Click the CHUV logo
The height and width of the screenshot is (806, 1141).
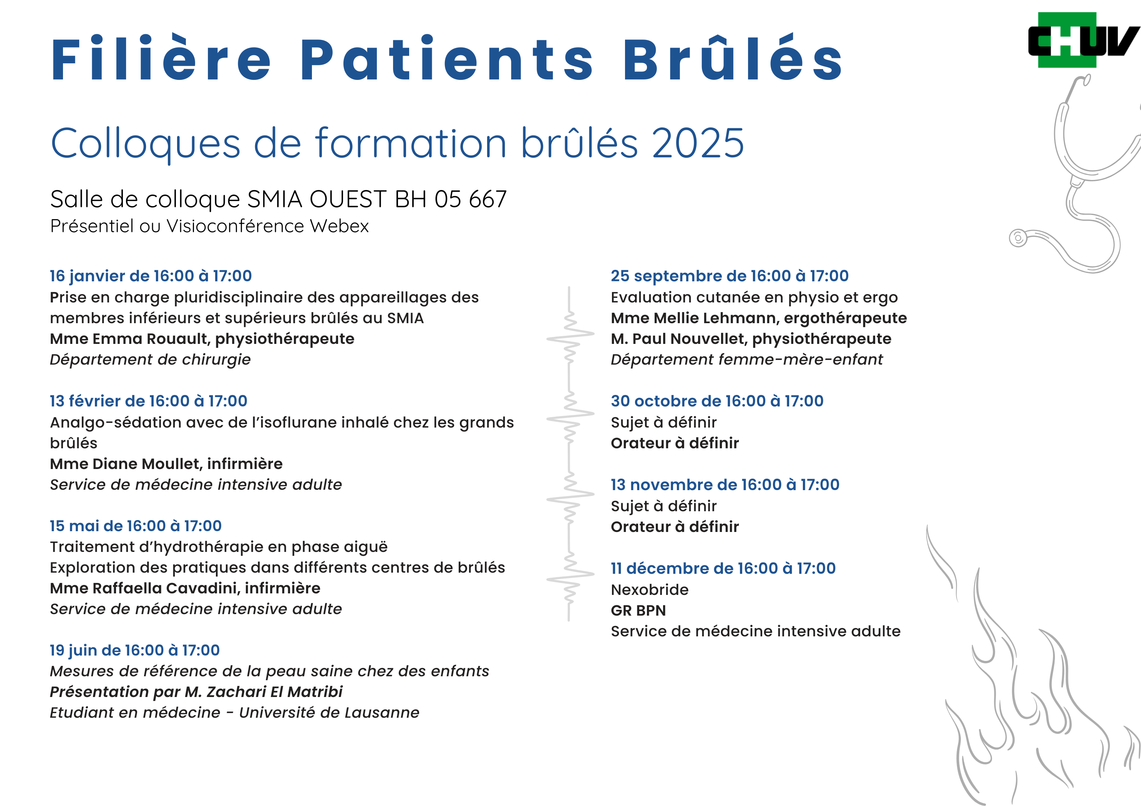coord(1083,40)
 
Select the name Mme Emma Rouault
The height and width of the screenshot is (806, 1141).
coord(130,339)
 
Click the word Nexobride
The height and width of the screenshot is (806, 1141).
coord(650,590)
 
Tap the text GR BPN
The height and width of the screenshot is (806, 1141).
coord(638,611)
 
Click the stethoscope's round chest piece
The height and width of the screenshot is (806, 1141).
coord(1018,238)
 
